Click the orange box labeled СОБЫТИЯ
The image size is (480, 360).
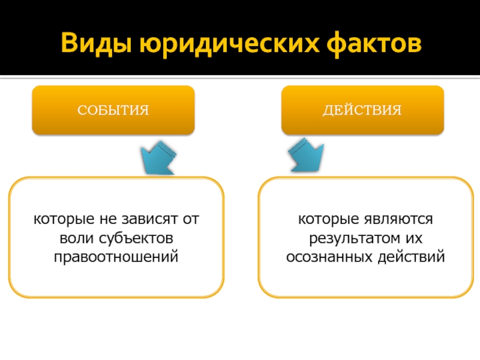pos(113,110)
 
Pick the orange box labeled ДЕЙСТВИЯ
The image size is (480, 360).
pos(363,110)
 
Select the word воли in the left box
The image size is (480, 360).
pos(74,238)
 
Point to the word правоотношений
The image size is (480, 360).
pos(116,257)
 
